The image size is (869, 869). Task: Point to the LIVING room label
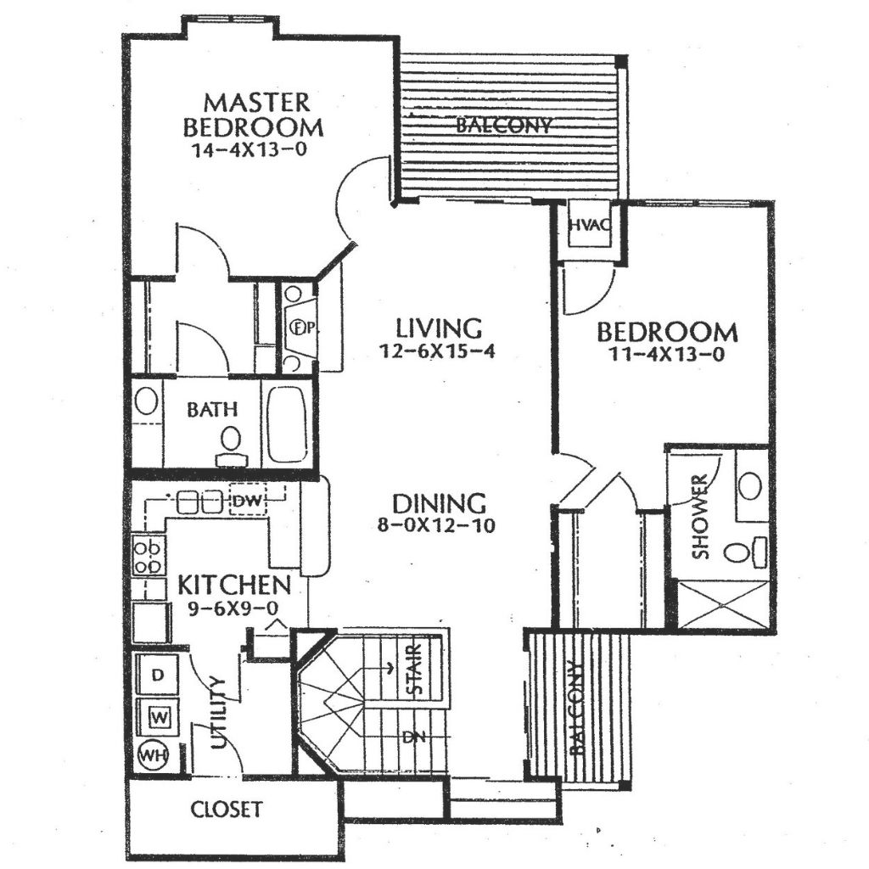click(x=439, y=328)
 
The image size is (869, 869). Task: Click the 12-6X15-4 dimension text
click(x=437, y=350)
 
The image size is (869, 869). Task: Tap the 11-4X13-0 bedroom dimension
click(x=666, y=355)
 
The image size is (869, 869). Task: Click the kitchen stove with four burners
click(x=148, y=554)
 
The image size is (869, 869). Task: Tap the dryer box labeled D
click(x=158, y=675)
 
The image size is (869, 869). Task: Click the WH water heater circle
click(x=154, y=754)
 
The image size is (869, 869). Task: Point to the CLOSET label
click(x=227, y=809)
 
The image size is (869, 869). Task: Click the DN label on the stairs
click(x=413, y=737)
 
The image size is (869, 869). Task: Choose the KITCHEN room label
click(x=235, y=585)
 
